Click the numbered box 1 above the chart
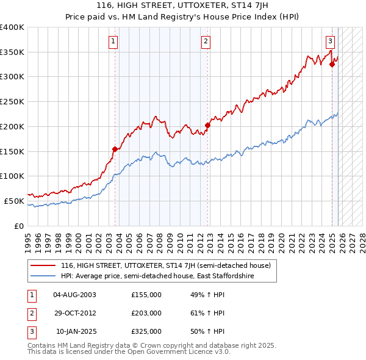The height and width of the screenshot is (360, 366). pos(114,41)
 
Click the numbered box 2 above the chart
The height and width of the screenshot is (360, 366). pos(206,41)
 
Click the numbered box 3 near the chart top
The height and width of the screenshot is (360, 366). pos(330,41)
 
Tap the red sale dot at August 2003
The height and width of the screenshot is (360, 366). pos(115,148)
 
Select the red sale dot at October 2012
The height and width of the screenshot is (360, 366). pos(207,125)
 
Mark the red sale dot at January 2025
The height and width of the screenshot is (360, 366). pos(332,64)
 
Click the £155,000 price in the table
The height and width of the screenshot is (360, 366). pos(146,295)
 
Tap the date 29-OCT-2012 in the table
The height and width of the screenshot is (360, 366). pos(74,313)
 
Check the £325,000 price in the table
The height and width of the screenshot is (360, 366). pos(146,331)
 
